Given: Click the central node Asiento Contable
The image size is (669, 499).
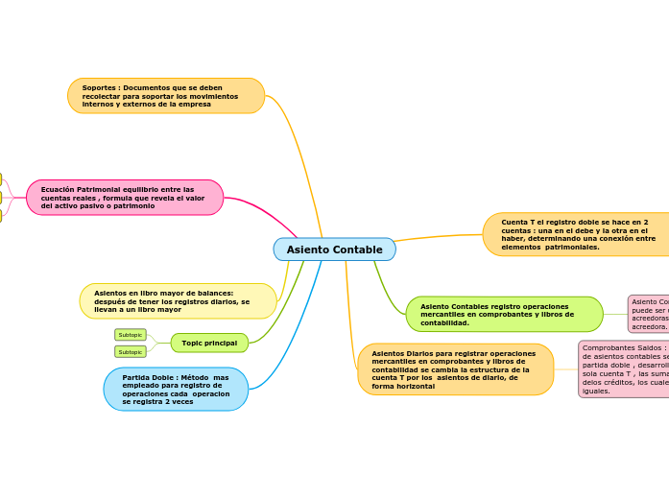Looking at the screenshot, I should coord(334,249).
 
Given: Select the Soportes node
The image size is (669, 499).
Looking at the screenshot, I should coord(166,96).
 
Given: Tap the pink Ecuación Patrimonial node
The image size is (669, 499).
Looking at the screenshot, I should coord(125,198).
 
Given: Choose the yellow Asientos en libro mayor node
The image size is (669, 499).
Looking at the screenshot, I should coord(178,301).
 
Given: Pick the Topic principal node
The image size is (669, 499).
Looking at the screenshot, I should coord(209,343).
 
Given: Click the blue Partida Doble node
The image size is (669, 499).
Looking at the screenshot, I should coord(176,390).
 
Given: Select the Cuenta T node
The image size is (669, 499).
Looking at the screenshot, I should coord(576,234).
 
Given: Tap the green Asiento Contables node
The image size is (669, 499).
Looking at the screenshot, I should coord(504,315).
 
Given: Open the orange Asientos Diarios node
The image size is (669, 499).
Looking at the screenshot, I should coord(455,369).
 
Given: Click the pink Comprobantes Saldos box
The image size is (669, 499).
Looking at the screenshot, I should coord(624,369).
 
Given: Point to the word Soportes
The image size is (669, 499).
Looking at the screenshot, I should coord(100,87).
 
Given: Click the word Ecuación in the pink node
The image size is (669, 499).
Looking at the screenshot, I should coord(60,189).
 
